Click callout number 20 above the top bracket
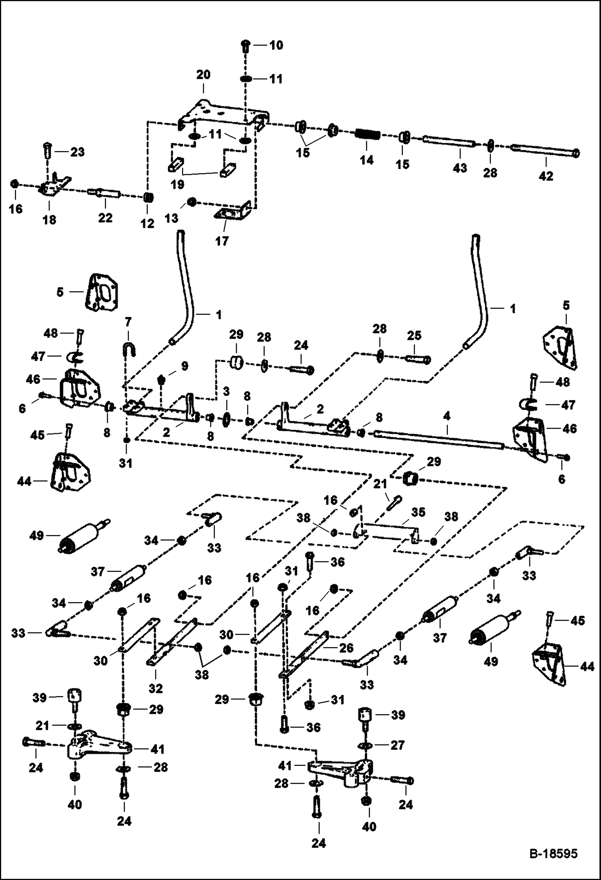coord(203,75)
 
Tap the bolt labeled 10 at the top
coord(246,47)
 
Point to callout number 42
coord(546,176)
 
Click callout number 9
coord(184,366)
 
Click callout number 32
coord(156,688)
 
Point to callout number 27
coord(398,745)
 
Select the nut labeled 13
coord(192,201)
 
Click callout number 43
coord(460,167)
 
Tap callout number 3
coord(227,390)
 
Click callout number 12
coord(147,223)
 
